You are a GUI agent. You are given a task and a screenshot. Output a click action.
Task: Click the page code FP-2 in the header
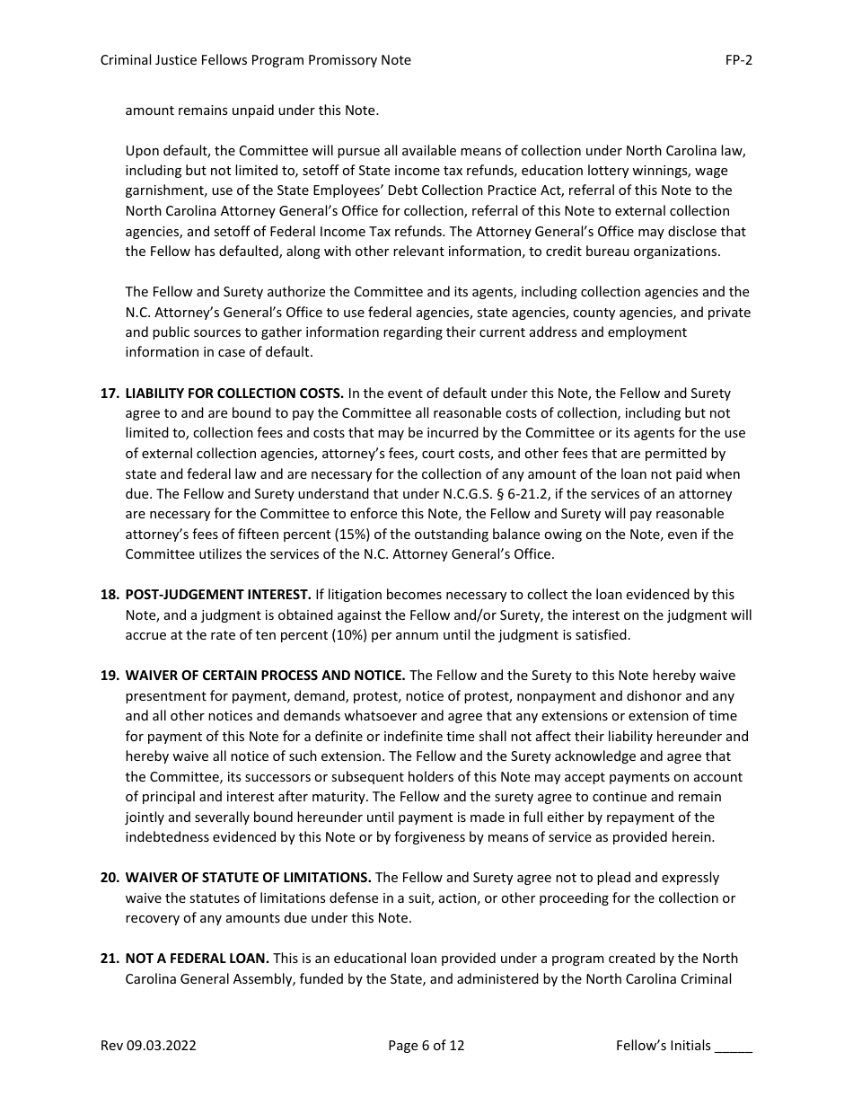pos(738,60)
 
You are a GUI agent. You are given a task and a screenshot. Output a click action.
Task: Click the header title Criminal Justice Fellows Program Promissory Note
pos(255,60)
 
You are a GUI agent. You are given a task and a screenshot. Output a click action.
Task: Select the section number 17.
pos(109,393)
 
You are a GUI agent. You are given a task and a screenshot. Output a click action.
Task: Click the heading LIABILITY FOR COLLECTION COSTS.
pos(234,393)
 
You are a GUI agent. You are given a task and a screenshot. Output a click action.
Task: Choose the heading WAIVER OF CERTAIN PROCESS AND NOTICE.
pos(266,676)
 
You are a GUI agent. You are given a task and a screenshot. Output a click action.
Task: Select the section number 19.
pos(109,676)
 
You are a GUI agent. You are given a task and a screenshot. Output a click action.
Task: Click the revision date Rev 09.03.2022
pos(148,1046)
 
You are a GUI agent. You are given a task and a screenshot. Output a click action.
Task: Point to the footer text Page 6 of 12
pos(426,1046)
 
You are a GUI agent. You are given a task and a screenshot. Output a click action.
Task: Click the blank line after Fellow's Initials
pos(734,1048)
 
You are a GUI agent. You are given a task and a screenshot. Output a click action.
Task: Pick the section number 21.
pos(109,959)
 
